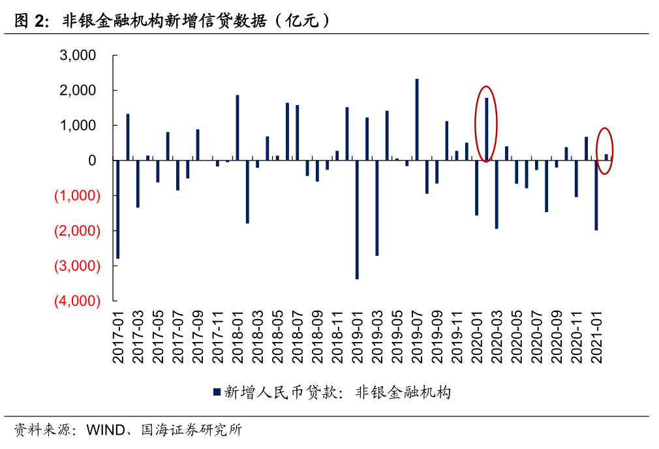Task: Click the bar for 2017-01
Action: point(117,209)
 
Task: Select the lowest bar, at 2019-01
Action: point(357,219)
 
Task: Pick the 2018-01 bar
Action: point(238,127)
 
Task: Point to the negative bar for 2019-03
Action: point(377,208)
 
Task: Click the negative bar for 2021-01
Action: point(596,195)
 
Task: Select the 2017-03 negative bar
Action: point(138,183)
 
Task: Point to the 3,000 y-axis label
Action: point(78,55)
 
